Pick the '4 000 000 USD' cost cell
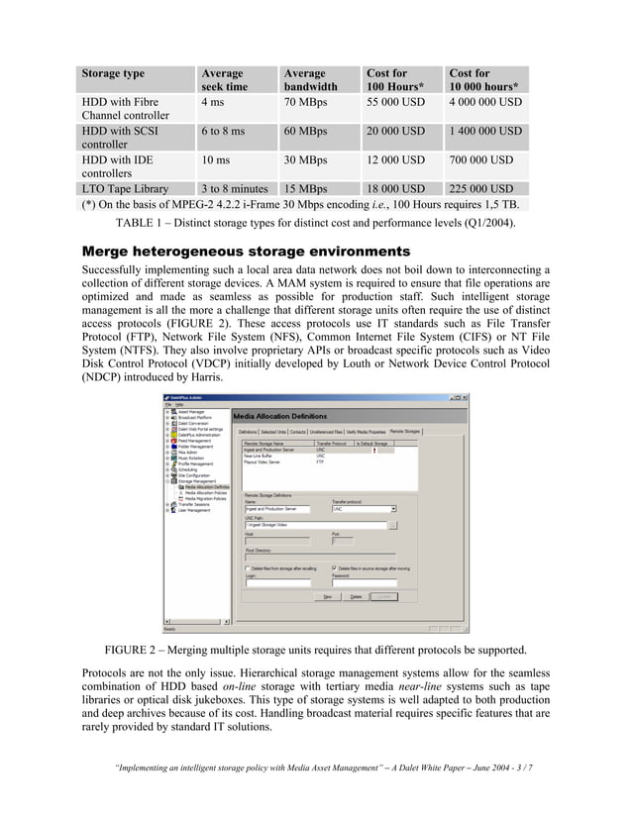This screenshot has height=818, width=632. click(x=485, y=102)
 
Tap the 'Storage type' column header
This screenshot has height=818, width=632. click(x=113, y=73)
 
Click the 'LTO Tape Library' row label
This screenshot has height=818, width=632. click(x=125, y=189)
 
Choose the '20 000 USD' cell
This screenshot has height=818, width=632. click(x=395, y=131)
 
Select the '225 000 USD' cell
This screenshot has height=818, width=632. click(x=480, y=189)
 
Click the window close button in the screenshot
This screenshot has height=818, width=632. click(x=464, y=396)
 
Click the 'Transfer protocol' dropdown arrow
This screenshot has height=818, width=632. click(x=393, y=509)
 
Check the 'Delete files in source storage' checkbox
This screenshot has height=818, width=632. click(x=334, y=567)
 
